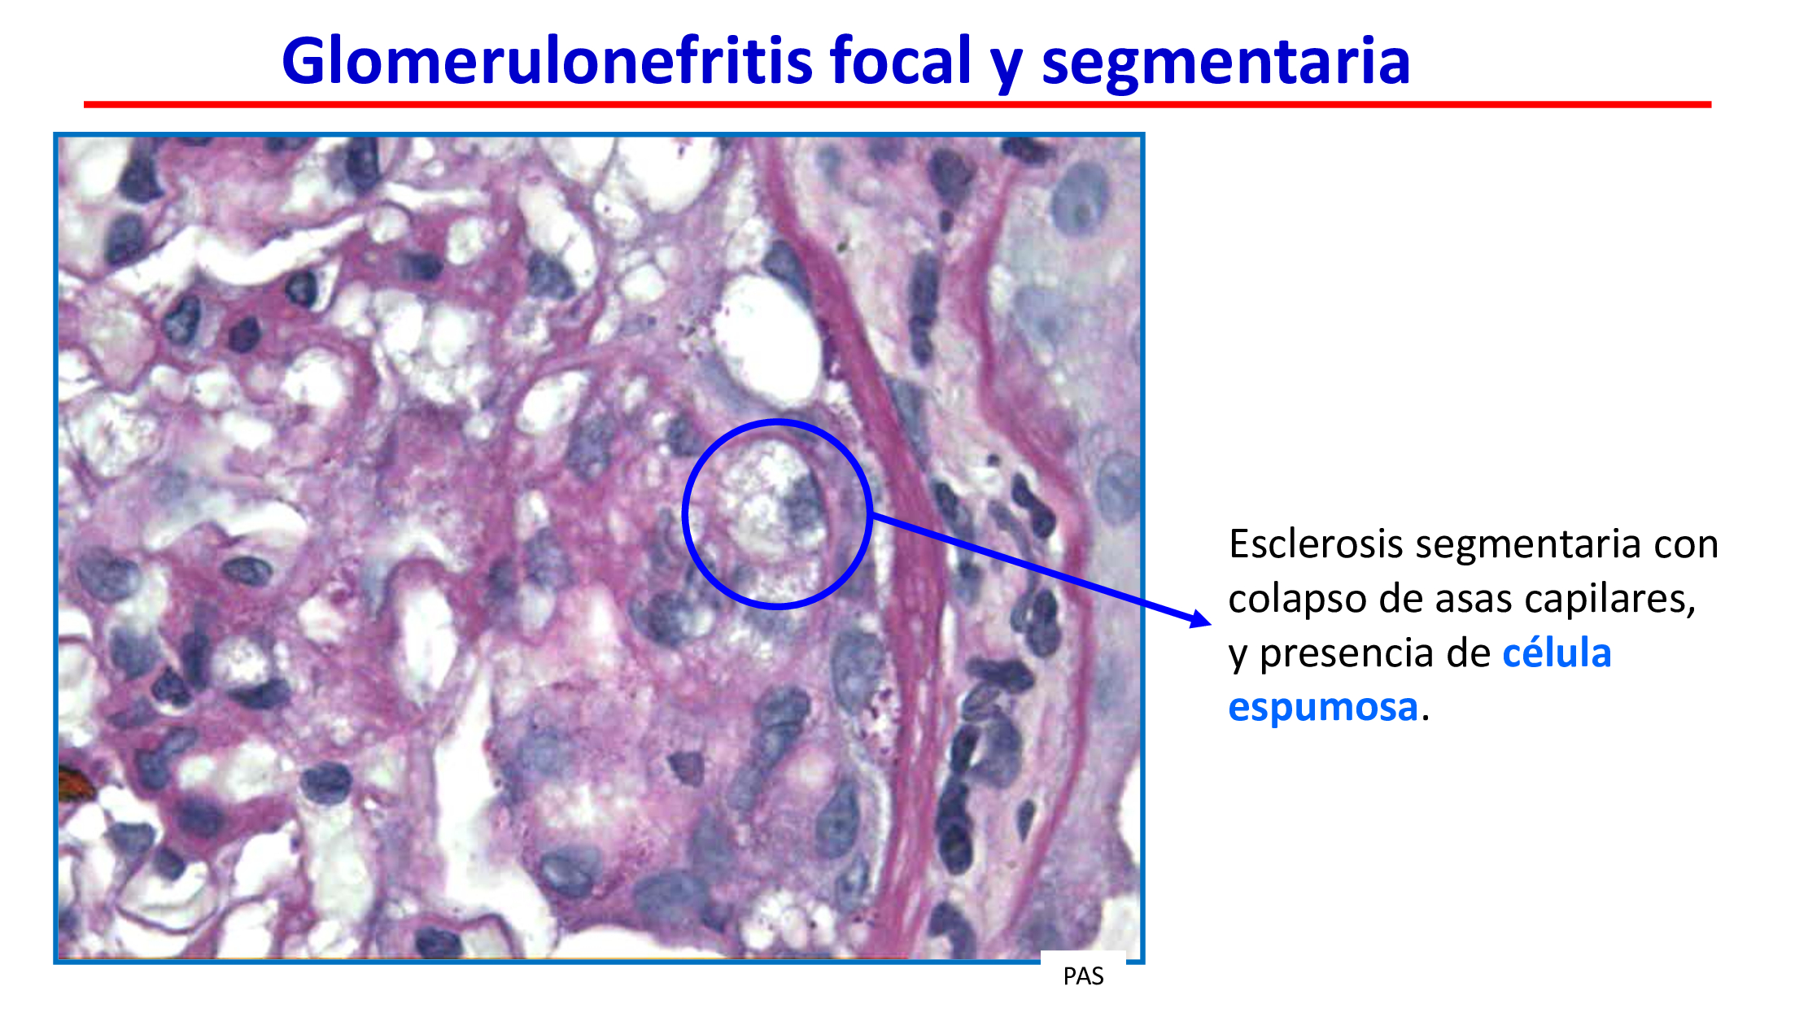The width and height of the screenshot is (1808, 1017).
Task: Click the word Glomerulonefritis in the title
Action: (547, 61)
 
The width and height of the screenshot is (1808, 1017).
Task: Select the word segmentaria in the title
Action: (1225, 63)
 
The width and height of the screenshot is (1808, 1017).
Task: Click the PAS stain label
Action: (1083, 976)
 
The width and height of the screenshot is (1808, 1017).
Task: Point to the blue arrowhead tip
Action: (1212, 624)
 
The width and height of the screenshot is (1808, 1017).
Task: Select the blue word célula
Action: (1557, 653)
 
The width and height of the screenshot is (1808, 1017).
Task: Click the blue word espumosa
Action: (1323, 708)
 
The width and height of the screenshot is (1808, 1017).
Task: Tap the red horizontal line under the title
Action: (897, 104)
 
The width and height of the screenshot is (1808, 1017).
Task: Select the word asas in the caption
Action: (1473, 600)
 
